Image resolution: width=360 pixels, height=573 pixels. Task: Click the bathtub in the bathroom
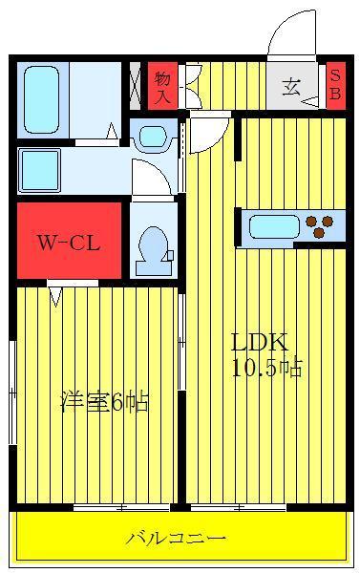click(x=41, y=99)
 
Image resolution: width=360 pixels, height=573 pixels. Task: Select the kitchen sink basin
click(x=274, y=226)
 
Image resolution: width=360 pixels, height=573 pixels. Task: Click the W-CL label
click(x=69, y=243)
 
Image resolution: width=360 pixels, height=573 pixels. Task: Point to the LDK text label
click(x=259, y=342)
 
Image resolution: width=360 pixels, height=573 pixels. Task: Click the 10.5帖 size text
click(x=267, y=369)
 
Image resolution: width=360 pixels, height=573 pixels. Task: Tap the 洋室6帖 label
click(x=104, y=402)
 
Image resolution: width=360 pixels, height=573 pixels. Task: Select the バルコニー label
click(x=176, y=539)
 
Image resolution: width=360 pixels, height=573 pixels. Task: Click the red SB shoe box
click(x=335, y=86)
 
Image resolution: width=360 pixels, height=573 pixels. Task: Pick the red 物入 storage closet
click(x=162, y=86)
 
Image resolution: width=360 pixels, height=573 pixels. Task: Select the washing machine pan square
click(x=39, y=170)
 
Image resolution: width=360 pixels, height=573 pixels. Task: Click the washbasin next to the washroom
click(x=154, y=137)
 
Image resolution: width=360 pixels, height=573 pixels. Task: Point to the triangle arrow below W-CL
click(x=55, y=296)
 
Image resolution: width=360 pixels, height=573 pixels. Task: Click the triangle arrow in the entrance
click(x=311, y=102)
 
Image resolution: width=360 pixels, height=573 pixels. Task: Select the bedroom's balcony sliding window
click(x=121, y=508)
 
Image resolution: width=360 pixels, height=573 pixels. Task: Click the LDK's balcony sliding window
click(x=239, y=508)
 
